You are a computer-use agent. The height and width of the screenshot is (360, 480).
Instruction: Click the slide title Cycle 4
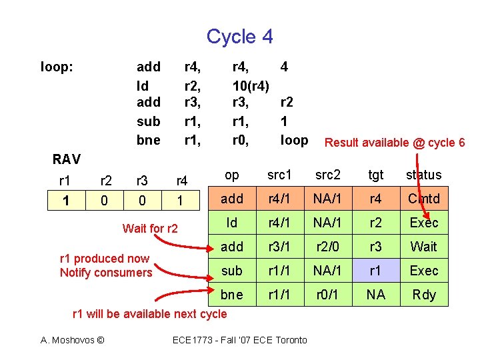239,36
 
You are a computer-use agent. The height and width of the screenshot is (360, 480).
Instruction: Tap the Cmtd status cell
423,199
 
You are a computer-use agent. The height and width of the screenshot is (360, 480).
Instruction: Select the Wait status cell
423,247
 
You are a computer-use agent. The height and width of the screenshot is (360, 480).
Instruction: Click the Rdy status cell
423,295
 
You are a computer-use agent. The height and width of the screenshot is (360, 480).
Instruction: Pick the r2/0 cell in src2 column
328,247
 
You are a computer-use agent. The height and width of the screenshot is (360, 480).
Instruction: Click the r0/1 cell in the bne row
328,295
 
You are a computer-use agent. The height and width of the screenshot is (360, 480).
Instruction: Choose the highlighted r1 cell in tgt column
376,271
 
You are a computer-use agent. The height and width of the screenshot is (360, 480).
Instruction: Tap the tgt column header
376,175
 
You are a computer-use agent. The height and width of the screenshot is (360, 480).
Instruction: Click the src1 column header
279,175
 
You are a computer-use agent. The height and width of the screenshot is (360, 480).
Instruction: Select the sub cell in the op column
231,271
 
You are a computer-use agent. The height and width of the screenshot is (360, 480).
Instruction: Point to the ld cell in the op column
231,223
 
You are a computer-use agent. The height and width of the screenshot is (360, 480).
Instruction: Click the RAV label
67,159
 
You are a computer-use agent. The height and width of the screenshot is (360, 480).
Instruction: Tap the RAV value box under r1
65,199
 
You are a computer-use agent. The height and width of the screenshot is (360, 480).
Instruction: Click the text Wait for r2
150,229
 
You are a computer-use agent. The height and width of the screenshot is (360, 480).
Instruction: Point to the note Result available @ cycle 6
394,142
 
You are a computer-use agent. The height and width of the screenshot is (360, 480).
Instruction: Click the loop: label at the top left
57,67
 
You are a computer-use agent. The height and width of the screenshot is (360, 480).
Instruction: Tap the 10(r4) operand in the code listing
251,86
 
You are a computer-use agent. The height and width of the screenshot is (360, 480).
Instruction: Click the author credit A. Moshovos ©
72,340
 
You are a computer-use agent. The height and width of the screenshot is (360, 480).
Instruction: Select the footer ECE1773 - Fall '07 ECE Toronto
240,340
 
